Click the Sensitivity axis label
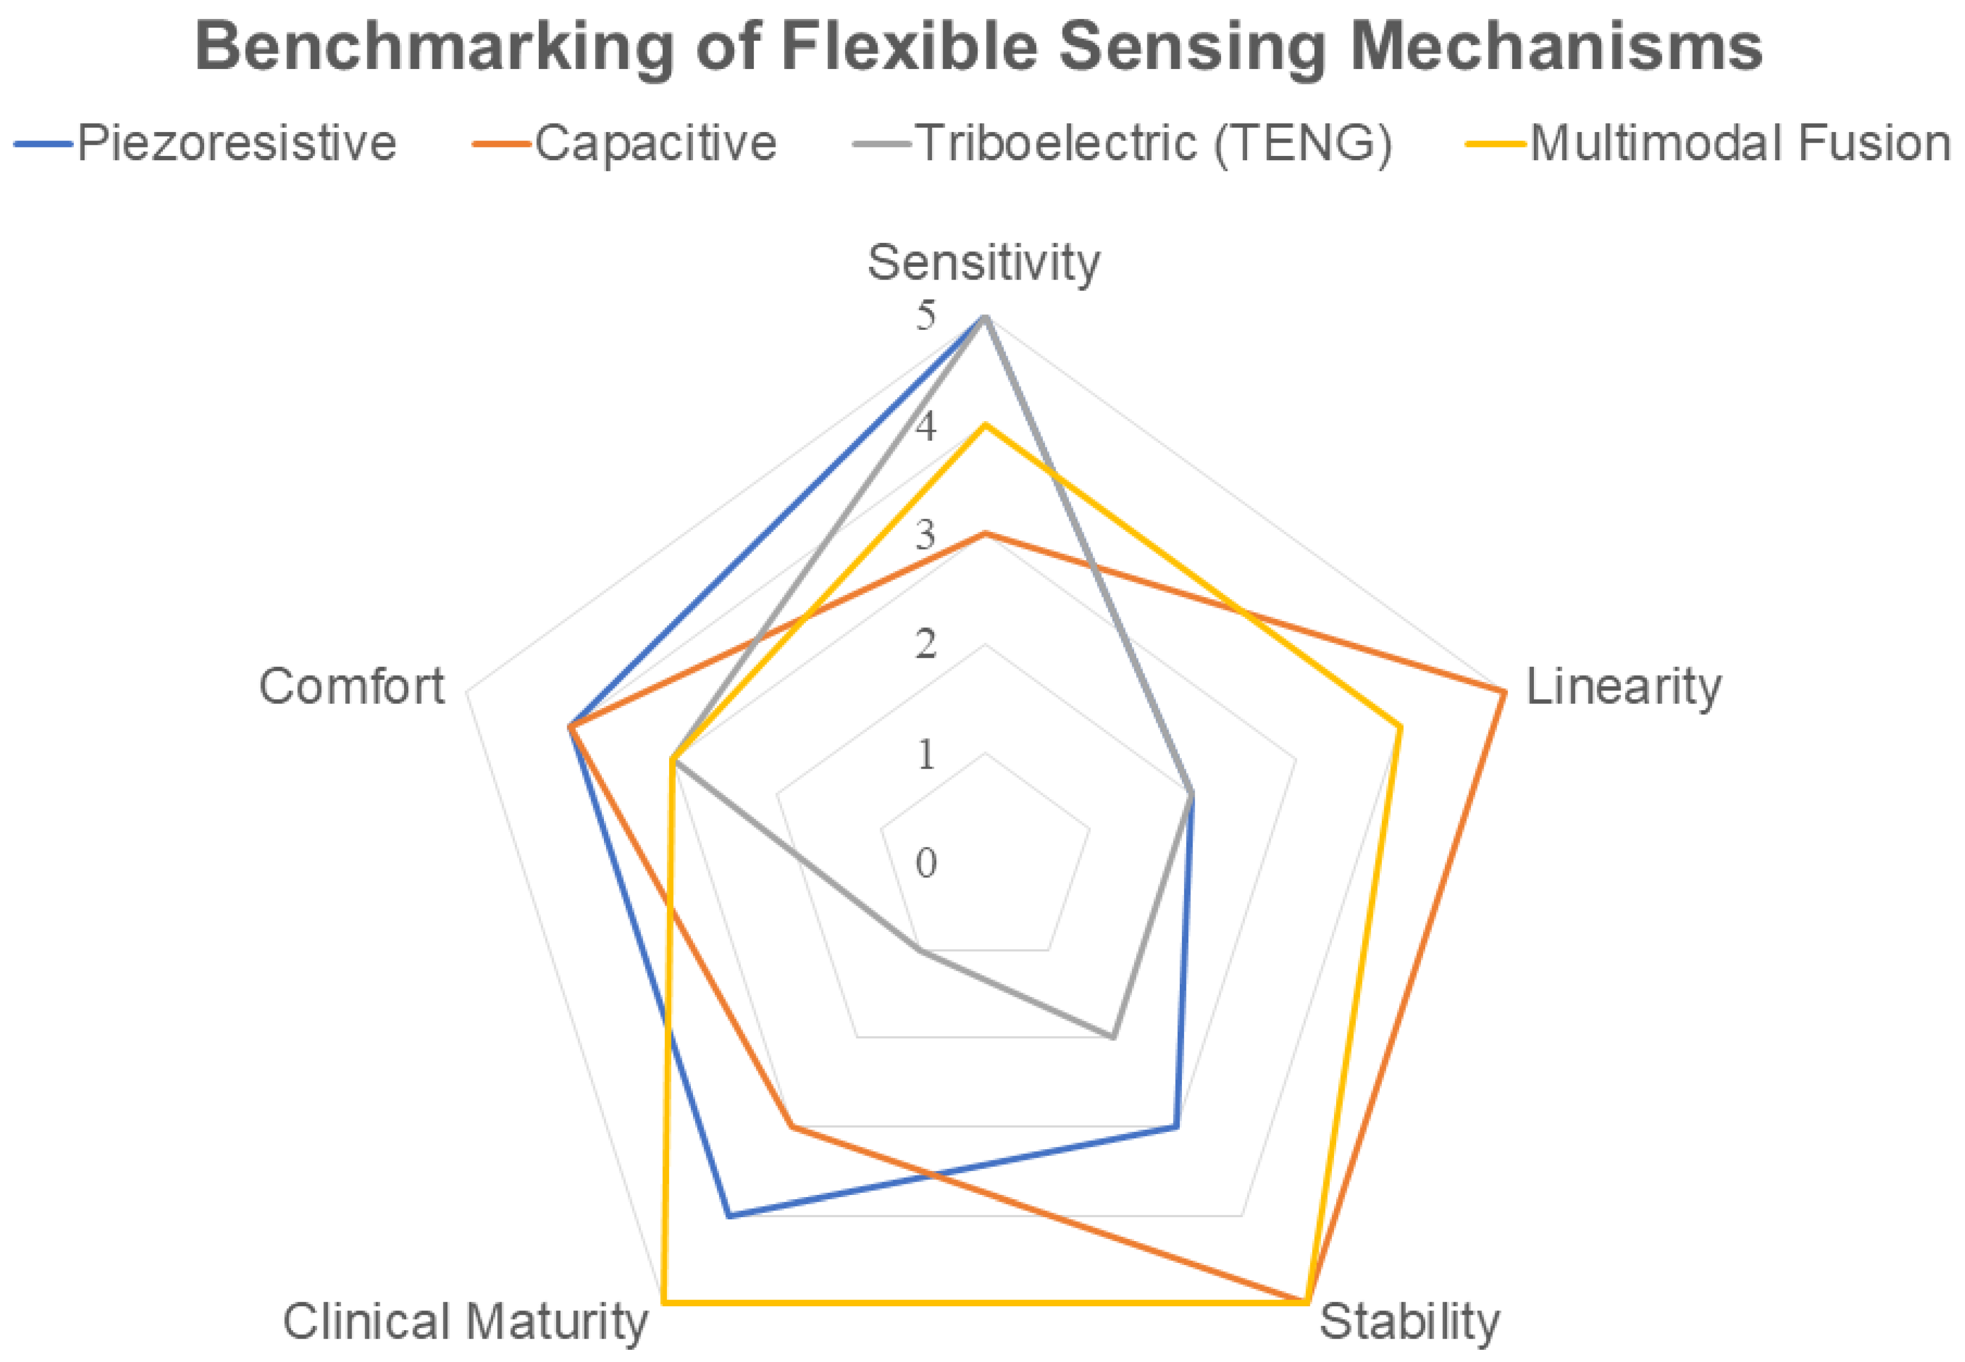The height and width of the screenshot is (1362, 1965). point(984,262)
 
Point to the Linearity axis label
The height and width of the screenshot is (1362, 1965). point(1623,687)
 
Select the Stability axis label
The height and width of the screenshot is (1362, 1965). point(1409,1322)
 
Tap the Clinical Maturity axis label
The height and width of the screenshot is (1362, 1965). point(465,1322)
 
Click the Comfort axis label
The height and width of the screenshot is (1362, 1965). point(352,686)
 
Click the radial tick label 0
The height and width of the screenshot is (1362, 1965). point(926,863)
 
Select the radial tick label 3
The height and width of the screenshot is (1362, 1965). point(926,536)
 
